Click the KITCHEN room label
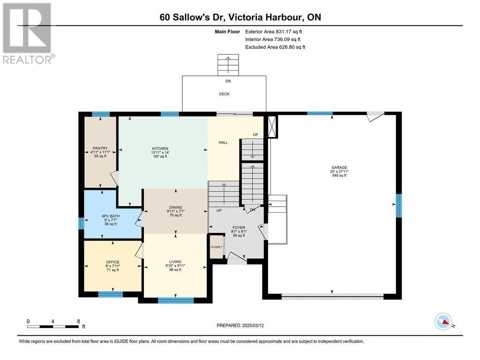(160, 149)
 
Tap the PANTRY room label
(100, 148)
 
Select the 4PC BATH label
(111, 216)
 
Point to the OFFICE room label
(112, 262)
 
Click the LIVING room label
(175, 262)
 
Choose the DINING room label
(175, 207)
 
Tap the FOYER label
(239, 227)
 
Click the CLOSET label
(216, 247)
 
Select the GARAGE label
(339, 167)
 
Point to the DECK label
(224, 94)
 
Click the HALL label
(223, 142)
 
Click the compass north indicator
(443, 322)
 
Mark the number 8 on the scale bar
(78, 321)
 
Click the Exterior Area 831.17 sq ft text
(274, 31)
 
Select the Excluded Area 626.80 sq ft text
(275, 47)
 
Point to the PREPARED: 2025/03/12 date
(240, 325)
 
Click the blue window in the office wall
(111, 294)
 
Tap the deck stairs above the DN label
(228, 65)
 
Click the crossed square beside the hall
(272, 127)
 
